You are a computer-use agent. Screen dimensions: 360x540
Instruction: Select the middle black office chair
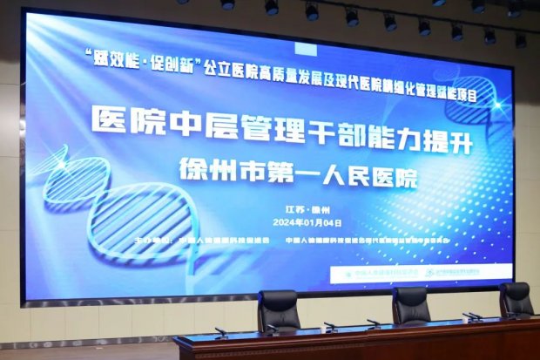(410, 306)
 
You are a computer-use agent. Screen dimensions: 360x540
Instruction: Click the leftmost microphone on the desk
(219, 331)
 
